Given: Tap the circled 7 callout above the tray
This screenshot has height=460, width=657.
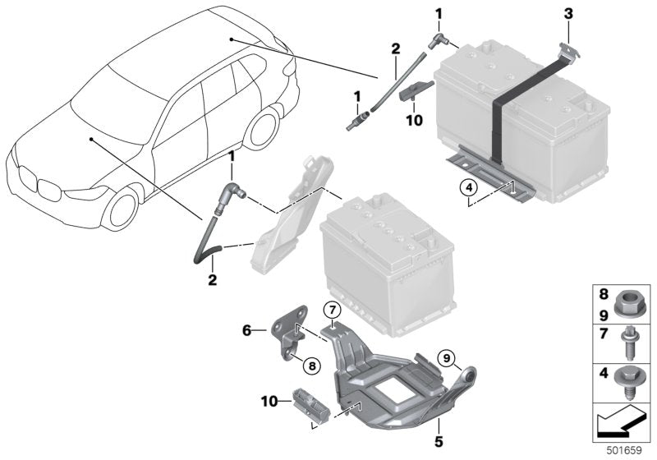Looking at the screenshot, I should (330, 311).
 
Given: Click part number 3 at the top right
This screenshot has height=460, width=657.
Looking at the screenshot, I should (567, 13).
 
